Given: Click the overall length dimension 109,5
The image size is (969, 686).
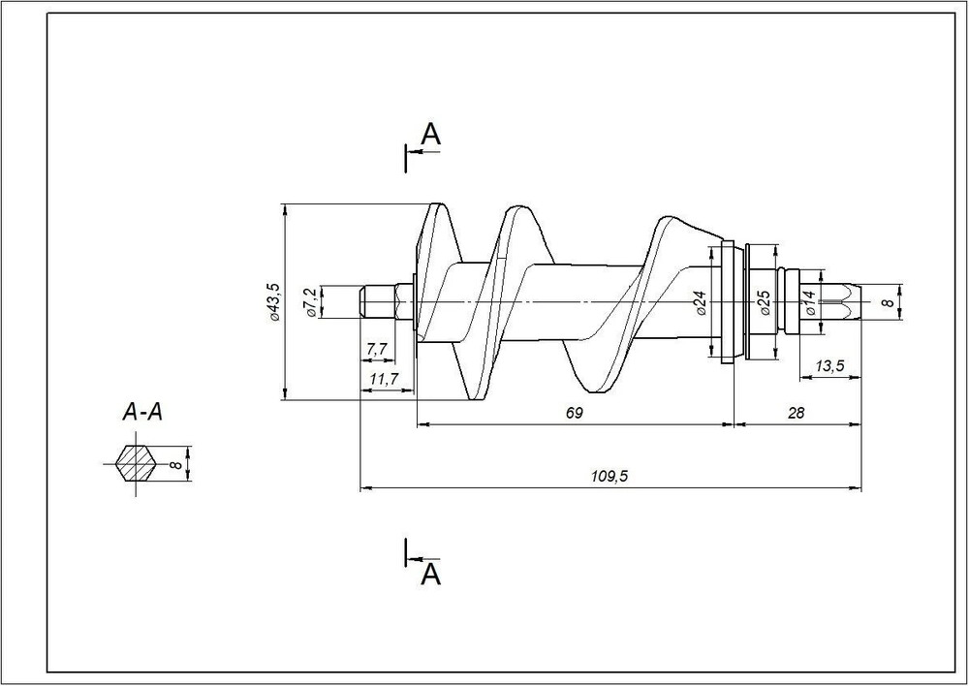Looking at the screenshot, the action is [607, 476].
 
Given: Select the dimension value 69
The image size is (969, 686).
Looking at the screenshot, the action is [574, 413].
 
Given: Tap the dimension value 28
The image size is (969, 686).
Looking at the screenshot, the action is [797, 413].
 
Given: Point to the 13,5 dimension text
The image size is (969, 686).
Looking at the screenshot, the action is [829, 366].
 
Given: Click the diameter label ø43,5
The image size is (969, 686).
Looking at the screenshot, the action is [274, 301].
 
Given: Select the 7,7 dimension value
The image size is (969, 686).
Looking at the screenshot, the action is [377, 349].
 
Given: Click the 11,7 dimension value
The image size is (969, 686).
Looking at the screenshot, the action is [384, 378].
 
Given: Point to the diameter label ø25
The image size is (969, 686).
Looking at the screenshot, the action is [766, 303].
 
